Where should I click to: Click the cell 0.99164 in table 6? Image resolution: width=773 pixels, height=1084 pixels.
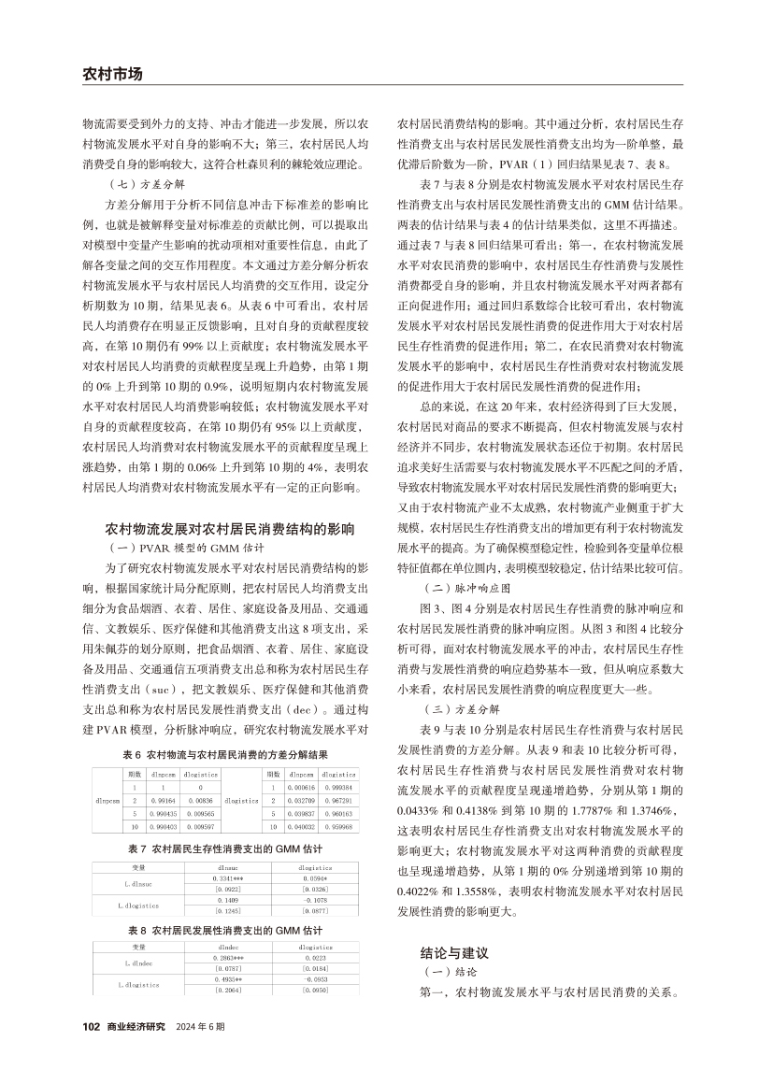tap(165, 801)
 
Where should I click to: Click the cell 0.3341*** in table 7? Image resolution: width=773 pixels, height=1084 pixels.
tap(229, 877)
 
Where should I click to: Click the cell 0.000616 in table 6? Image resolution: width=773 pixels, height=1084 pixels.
tap(301, 788)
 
